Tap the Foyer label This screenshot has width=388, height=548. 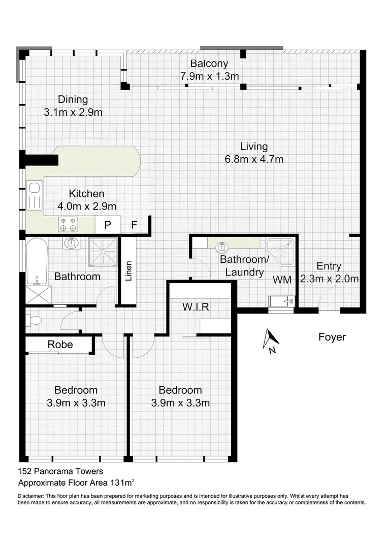coord(332,337)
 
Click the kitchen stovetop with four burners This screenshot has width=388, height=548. coord(69,224)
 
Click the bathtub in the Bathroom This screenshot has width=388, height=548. coord(37,261)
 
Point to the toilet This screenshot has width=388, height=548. coord(34,321)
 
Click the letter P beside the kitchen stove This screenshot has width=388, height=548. coord(108,225)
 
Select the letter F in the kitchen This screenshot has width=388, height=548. coord(134,225)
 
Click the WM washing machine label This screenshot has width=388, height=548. coord(282,280)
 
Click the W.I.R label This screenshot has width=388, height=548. coord(196,306)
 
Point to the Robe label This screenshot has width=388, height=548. coord(60,345)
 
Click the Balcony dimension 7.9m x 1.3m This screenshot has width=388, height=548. coord(209,77)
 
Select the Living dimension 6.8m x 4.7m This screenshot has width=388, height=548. coord(254,159)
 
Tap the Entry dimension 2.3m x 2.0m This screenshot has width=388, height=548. coord(329,279)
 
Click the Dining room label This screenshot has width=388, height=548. coord(73,99)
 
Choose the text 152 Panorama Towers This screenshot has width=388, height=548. coord(60,471)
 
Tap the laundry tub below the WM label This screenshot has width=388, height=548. coord(281,301)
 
